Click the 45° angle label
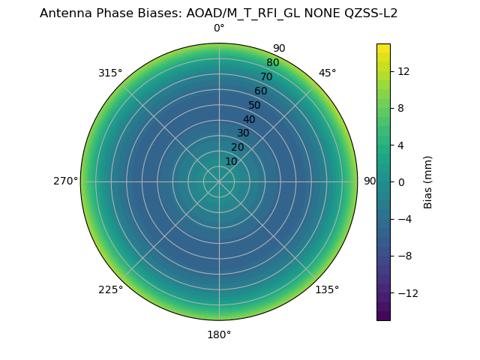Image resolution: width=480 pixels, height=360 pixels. point(327,73)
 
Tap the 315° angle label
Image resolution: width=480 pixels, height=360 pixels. point(110,73)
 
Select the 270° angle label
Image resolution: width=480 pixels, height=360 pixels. point(66,181)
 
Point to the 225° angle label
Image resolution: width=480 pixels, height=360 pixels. point(110,289)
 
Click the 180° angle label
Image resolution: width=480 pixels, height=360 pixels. point(219,334)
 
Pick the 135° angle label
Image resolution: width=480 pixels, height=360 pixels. point(327,289)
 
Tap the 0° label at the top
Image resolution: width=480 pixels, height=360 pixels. point(219,28)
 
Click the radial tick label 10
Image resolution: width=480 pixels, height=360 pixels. point(231,161)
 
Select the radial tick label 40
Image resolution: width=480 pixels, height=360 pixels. point(249,119)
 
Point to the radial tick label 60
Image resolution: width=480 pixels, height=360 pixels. point(260,91)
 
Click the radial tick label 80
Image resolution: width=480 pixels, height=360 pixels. point(272,63)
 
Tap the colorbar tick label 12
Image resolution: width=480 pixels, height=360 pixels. point(403,71)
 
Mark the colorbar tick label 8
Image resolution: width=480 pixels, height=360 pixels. point(400,108)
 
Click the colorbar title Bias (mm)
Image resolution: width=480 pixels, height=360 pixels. point(428,182)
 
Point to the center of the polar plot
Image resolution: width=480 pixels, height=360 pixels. point(219,181)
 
